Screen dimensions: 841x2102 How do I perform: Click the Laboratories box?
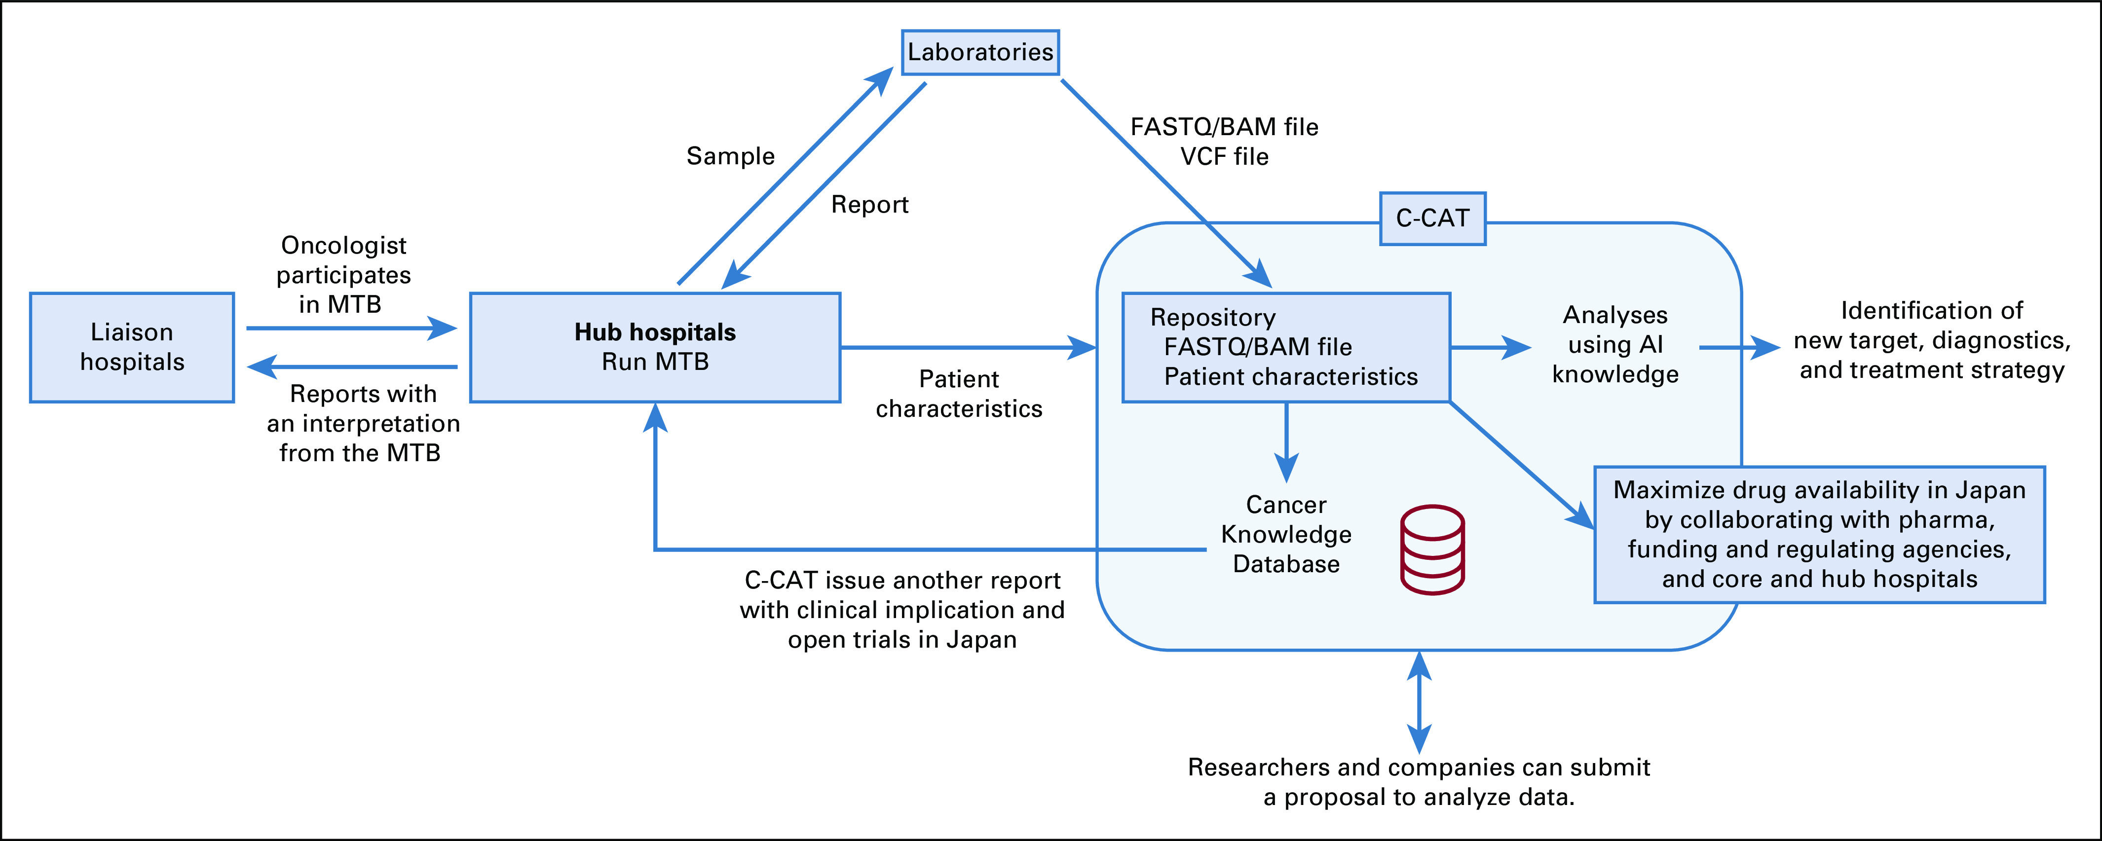pos(980,53)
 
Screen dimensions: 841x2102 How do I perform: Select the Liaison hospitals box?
pos(132,347)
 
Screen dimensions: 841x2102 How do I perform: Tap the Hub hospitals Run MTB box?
pos(655,347)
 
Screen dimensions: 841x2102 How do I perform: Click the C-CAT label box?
pos(1432,219)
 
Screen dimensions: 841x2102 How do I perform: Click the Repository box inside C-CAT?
pos(1286,347)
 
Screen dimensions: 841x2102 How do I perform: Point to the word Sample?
pos(730,156)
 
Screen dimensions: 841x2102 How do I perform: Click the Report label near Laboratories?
pos(869,205)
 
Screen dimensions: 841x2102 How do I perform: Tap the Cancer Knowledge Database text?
pos(1286,534)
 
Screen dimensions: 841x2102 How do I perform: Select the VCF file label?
pos(1224,157)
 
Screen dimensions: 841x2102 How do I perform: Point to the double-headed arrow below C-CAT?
pos(1419,701)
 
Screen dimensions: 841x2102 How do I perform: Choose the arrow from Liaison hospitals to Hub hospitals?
pos(351,329)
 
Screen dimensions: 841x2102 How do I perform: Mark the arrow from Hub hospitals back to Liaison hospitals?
pos(351,367)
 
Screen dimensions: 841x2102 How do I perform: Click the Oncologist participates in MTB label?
pos(343,275)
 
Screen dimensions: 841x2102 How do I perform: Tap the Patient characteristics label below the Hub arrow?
pos(959,394)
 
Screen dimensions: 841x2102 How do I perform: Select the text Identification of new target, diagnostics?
pos(1931,326)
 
